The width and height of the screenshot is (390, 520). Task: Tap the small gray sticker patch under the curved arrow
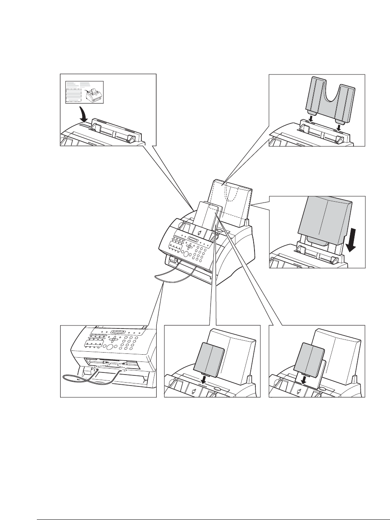pyautogui.click(x=84, y=126)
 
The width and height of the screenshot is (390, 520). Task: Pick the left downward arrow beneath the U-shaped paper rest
pyautogui.click(x=311, y=120)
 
